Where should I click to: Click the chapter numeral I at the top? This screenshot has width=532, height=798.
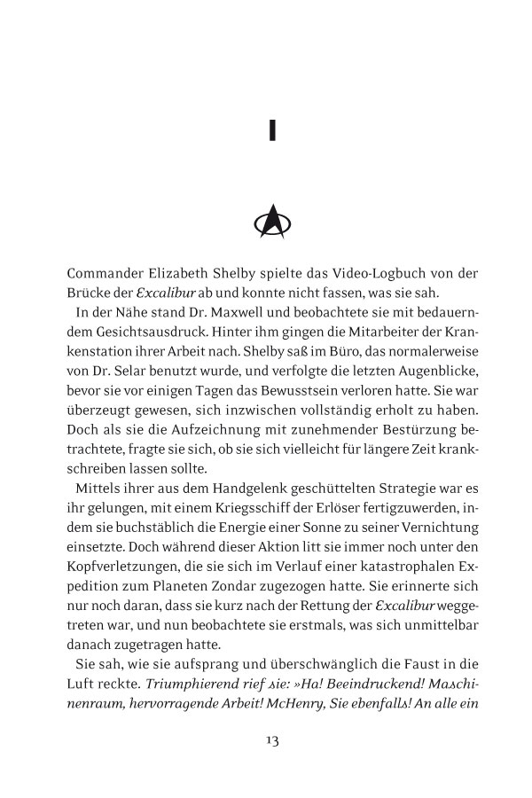point(272,131)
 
